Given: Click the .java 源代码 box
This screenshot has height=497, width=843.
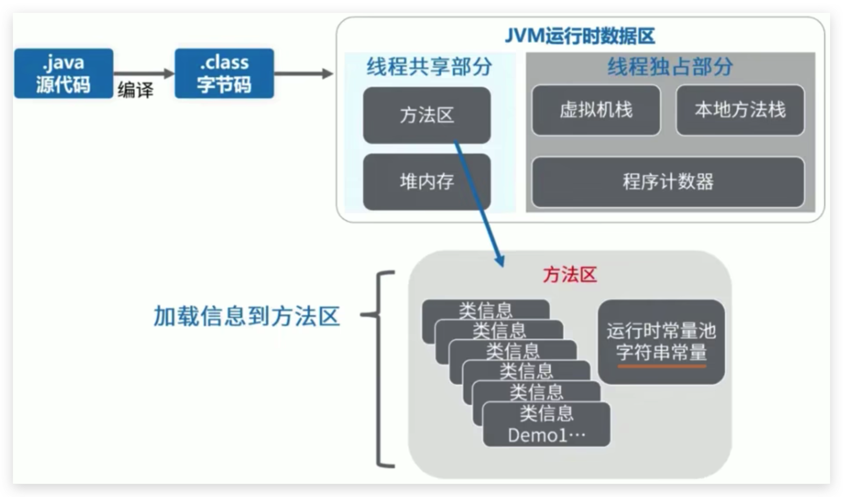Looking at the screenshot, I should point(64,73).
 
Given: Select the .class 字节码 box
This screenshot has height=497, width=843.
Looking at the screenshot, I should point(224,73).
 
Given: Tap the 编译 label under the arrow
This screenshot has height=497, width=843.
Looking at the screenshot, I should point(135,90).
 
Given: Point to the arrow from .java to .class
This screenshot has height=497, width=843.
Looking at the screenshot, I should point(144,73).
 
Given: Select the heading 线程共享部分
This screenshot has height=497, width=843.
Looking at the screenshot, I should point(429,67).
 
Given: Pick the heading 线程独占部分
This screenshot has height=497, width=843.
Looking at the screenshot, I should point(670,67).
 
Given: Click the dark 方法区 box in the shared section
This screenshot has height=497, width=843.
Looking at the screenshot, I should point(427,115).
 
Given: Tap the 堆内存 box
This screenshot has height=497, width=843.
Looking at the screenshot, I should point(427,182).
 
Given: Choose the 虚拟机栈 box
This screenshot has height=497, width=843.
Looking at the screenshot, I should point(596,110).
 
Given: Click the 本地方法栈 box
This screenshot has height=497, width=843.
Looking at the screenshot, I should point(740,110).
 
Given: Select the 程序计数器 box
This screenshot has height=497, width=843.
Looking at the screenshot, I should point(668,182).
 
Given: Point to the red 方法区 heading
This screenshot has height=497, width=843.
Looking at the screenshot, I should point(570,275).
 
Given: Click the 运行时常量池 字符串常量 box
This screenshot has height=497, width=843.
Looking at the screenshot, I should point(661,341).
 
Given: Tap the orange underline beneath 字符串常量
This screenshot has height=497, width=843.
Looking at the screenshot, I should point(662,366).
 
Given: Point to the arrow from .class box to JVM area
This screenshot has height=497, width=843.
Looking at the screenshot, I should point(303,73).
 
